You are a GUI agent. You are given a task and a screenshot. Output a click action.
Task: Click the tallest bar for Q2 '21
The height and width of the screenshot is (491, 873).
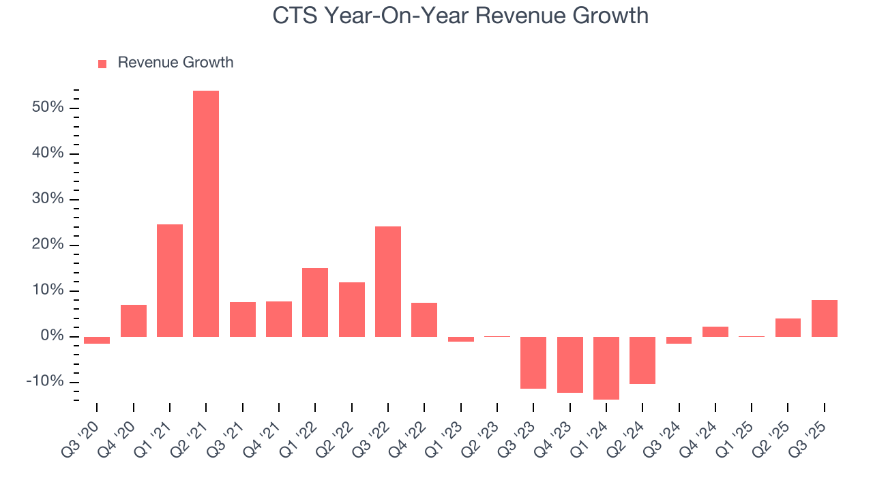pos(206,213)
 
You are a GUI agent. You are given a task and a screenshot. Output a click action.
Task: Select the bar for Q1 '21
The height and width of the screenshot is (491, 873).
pos(170,280)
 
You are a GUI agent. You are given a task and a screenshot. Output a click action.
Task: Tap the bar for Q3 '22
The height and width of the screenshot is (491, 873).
pos(388,281)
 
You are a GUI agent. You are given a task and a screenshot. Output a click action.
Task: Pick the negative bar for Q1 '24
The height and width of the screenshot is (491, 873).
pos(606,368)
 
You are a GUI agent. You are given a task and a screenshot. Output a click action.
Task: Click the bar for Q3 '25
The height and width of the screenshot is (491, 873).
pos(825,318)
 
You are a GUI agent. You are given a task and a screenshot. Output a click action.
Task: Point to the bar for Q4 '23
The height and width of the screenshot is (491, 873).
pos(569,365)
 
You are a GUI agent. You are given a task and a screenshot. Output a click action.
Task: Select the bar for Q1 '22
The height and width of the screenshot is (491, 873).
pos(315,302)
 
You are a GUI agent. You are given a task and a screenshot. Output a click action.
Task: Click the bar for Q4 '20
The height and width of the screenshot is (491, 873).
pos(133,321)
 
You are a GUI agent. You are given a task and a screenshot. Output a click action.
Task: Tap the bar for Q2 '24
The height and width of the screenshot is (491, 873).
pos(642,360)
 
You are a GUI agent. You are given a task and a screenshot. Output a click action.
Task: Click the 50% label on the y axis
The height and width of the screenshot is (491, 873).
pos(47,108)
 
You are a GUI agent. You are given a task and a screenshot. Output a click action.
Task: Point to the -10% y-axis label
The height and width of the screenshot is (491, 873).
pos(44,381)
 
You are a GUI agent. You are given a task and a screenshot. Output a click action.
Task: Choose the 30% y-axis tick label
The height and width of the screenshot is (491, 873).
pos(47,199)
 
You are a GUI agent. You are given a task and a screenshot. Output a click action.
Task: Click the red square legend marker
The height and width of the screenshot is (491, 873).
pos(102,63)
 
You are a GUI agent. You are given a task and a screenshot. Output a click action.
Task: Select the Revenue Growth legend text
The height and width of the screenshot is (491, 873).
pos(175,63)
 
